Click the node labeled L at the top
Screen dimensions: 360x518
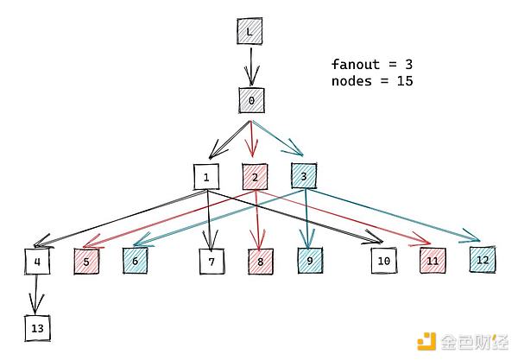(x=250, y=31)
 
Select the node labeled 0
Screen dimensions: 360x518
(x=251, y=100)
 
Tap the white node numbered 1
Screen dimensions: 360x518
(x=207, y=178)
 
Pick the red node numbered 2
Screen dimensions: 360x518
(x=256, y=178)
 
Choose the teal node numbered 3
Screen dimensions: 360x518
(x=304, y=177)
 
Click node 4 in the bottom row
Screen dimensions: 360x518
(x=37, y=261)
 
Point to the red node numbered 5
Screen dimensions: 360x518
(x=86, y=261)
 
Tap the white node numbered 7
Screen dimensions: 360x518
(x=211, y=261)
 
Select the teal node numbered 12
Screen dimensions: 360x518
(x=483, y=258)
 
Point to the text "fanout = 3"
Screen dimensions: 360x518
(x=365, y=64)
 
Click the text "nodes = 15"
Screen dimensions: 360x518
(x=372, y=81)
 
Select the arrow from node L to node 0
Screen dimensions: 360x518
(x=250, y=66)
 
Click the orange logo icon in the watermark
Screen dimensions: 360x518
(x=427, y=341)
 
